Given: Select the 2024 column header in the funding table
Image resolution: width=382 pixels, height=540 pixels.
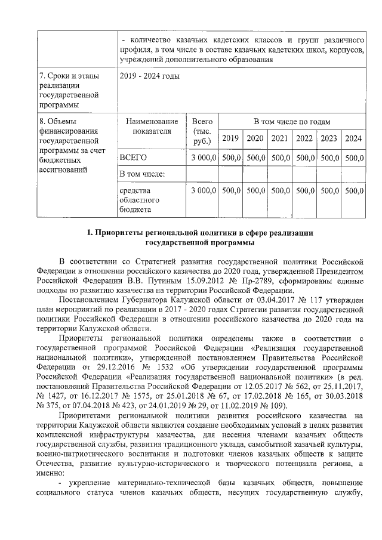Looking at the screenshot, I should (353, 138).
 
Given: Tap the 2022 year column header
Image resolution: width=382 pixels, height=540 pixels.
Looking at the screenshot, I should (304, 138).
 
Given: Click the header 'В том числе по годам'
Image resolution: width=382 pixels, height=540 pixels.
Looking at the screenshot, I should (291, 122).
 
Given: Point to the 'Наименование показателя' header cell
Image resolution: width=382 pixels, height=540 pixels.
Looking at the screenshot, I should (152, 126).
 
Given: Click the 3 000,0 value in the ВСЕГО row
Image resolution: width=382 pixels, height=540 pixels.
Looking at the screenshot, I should (202, 157).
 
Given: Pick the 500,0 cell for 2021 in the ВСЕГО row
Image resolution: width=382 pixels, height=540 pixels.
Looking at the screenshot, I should (279, 157).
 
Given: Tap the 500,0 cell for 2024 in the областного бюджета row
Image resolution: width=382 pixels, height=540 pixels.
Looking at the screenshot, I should (353, 190).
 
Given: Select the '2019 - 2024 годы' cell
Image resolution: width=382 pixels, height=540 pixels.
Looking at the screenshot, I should (149, 76).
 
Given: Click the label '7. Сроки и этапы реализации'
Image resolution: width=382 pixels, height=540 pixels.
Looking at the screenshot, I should (69, 81).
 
